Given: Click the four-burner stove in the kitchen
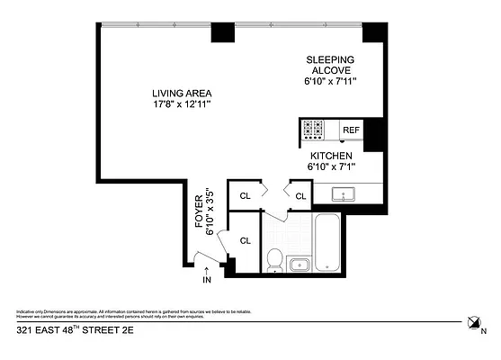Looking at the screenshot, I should pos(314,130).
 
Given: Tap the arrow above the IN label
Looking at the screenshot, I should pos(207,268).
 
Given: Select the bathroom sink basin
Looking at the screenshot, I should pos(300,264).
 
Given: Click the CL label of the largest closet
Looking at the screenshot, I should pos(244,240).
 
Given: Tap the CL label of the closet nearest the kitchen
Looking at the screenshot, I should pos(300,195).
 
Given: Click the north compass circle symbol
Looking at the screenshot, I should pos(475,321).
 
